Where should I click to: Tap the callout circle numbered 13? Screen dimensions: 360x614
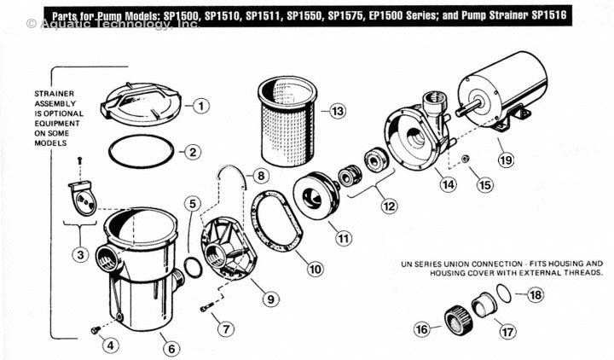point(338,112)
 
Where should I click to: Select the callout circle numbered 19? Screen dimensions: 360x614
point(506,160)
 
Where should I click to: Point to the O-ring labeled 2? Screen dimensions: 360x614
point(141,152)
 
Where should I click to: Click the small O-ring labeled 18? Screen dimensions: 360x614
point(506,295)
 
